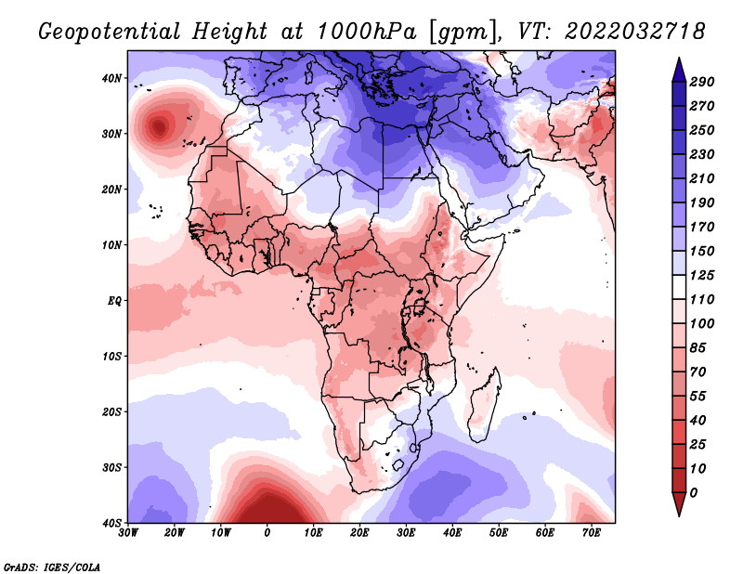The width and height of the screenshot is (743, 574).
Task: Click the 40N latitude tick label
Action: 111,78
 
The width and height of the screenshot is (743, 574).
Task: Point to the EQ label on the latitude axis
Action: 114,301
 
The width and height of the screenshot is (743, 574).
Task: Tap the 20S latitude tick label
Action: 111,411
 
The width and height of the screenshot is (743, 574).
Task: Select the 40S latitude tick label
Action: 111,523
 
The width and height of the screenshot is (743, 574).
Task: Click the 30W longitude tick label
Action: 128,533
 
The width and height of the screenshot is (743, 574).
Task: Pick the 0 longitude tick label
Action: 267,533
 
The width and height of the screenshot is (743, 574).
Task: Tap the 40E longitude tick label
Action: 452,533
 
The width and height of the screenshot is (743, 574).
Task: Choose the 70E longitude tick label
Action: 591,533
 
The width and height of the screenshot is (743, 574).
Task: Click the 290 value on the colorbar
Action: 702,82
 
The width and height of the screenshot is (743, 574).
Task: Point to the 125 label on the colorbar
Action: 702,275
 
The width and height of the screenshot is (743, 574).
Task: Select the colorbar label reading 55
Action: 698,397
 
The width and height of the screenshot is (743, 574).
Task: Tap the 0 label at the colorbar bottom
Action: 694,493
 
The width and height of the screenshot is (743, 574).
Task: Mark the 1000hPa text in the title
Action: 367,32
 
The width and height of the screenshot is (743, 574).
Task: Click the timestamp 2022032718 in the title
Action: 635,32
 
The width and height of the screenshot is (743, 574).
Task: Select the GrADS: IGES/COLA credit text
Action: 52,567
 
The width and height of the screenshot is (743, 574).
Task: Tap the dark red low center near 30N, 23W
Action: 159,126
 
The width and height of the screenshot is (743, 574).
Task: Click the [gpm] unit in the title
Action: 463,33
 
